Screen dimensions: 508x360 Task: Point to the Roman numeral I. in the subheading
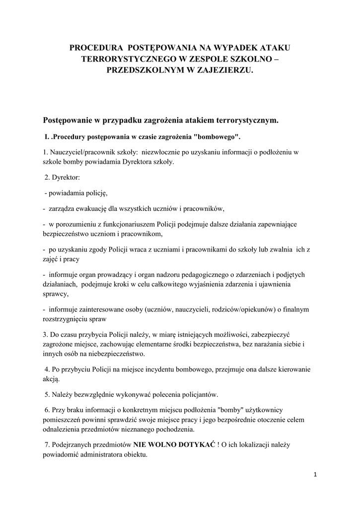point(47,136)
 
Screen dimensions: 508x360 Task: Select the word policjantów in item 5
point(201,395)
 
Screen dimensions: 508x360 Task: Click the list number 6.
point(46,411)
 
